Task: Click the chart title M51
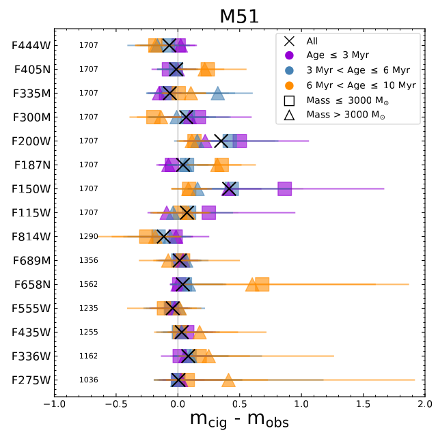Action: [239, 16]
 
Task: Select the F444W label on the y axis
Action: [31, 46]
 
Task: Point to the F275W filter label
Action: [31, 380]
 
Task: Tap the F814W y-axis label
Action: [31, 237]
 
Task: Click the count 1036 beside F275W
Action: [89, 380]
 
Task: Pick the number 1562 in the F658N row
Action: [89, 285]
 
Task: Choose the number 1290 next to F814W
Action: [89, 237]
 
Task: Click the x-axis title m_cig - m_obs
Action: [239, 421]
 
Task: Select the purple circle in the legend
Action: [289, 56]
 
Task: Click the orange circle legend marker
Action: [289, 85]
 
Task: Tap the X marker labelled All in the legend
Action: [289, 41]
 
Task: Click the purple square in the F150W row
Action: [285, 189]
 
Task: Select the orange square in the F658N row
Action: [262, 285]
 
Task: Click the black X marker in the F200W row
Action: [221, 141]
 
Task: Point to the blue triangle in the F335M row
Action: [217, 94]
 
